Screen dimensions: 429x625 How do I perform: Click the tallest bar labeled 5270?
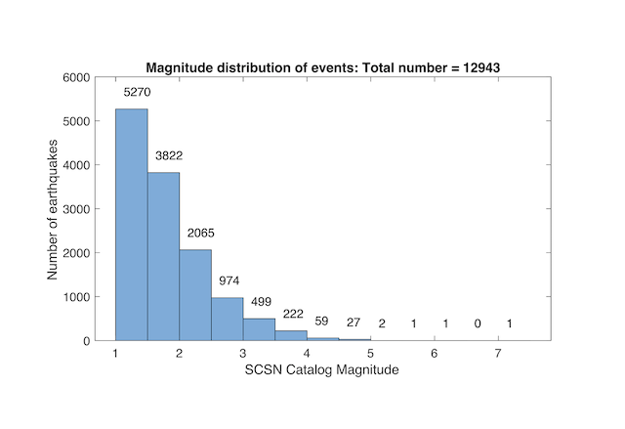point(132,225)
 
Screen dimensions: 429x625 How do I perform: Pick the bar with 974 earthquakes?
point(226,319)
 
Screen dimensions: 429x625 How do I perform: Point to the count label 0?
point(477,323)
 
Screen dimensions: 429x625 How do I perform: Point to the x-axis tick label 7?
point(499,353)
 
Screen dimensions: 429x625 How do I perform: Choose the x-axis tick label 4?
point(308,353)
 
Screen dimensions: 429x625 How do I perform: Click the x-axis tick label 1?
point(116,353)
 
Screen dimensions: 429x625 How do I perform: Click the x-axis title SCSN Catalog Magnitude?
point(308,370)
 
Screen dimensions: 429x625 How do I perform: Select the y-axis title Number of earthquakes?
point(55,209)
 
